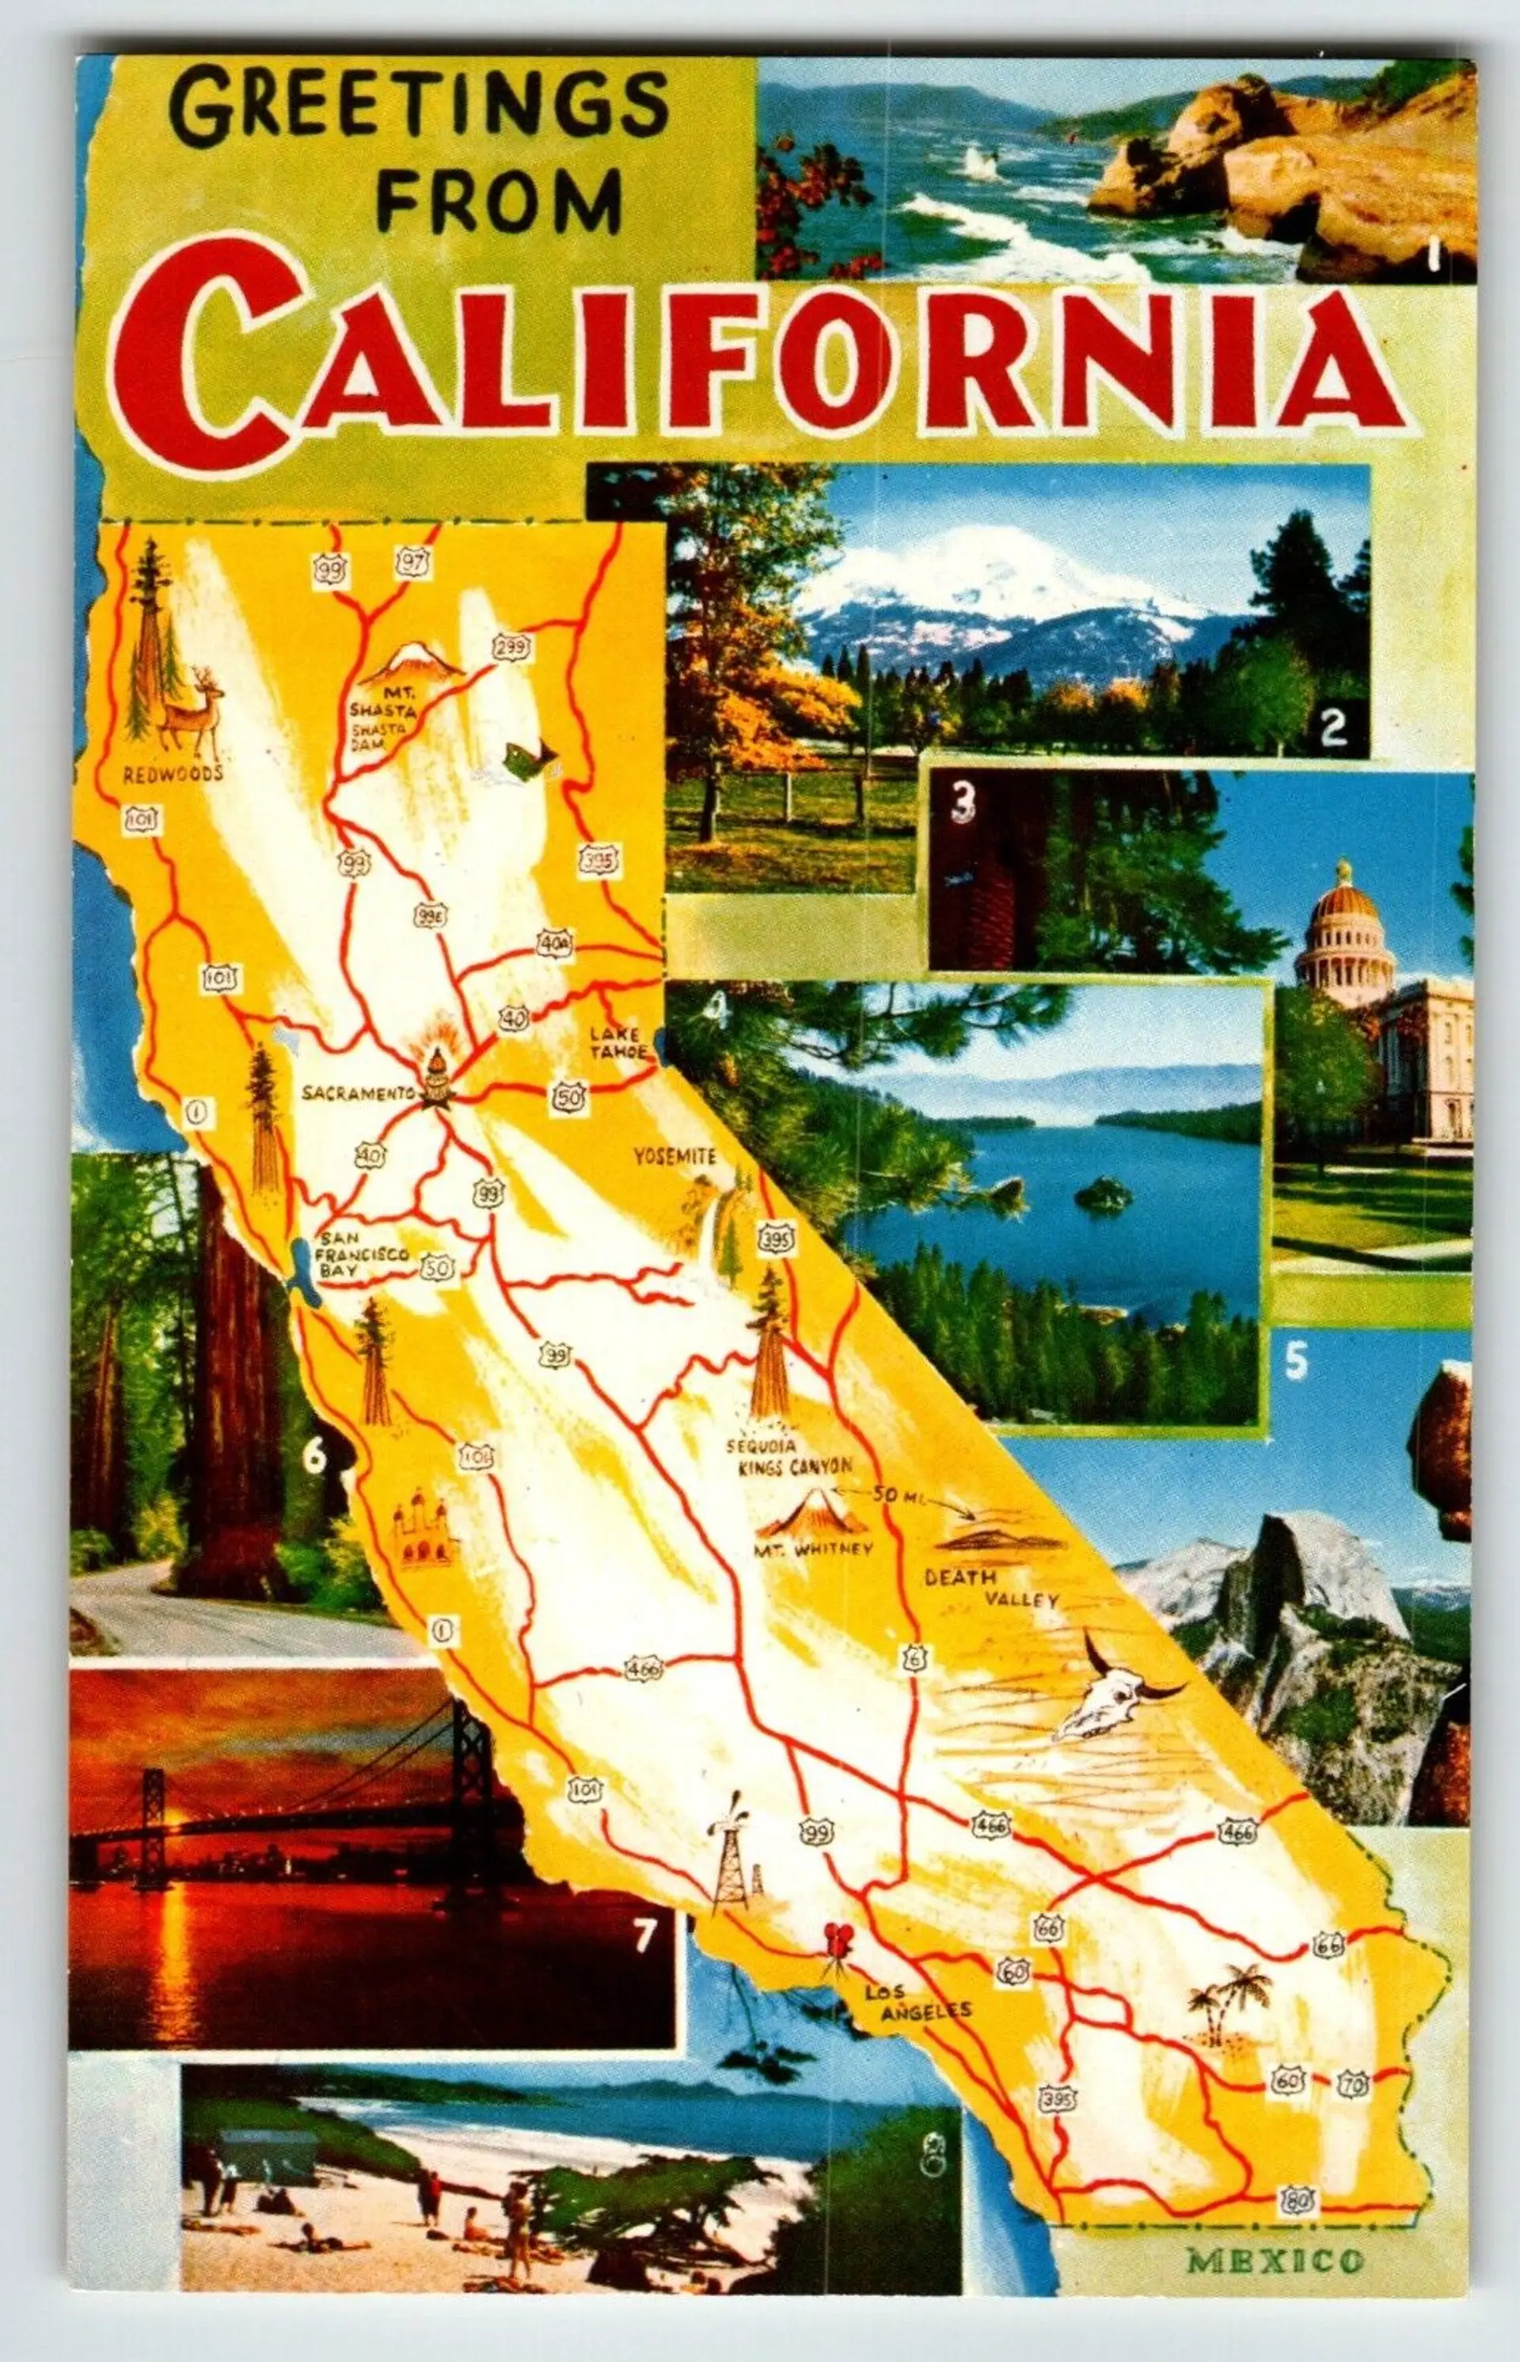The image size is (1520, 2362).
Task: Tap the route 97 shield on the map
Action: tap(412, 563)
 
